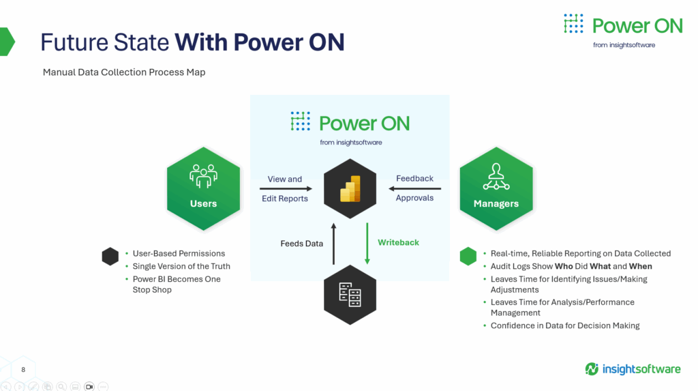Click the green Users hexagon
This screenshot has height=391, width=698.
[203, 188]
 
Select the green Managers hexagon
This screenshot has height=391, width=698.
[496, 188]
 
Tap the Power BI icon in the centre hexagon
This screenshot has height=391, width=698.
[350, 188]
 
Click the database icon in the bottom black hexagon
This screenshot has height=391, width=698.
[350, 295]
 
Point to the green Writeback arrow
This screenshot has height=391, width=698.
[367, 244]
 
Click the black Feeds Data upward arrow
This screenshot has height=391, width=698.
[333, 244]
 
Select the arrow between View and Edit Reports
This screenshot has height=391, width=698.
[286, 188]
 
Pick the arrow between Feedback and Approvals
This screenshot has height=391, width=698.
[415, 188]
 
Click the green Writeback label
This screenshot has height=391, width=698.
[398, 242]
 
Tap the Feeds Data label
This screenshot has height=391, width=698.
[302, 244]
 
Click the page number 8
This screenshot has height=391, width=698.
[23, 370]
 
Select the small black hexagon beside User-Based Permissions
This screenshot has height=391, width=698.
[110, 257]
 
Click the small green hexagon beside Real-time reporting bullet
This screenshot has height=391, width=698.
[468, 257]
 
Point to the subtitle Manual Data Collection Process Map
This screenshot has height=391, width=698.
[124, 72]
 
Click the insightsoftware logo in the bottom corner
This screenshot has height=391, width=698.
[633, 369]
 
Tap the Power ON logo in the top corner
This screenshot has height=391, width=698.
[623, 30]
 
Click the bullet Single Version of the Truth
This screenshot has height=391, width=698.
[181, 266]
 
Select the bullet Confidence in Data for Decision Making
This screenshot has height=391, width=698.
[565, 325]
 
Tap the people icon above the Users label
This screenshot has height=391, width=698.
[203, 176]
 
